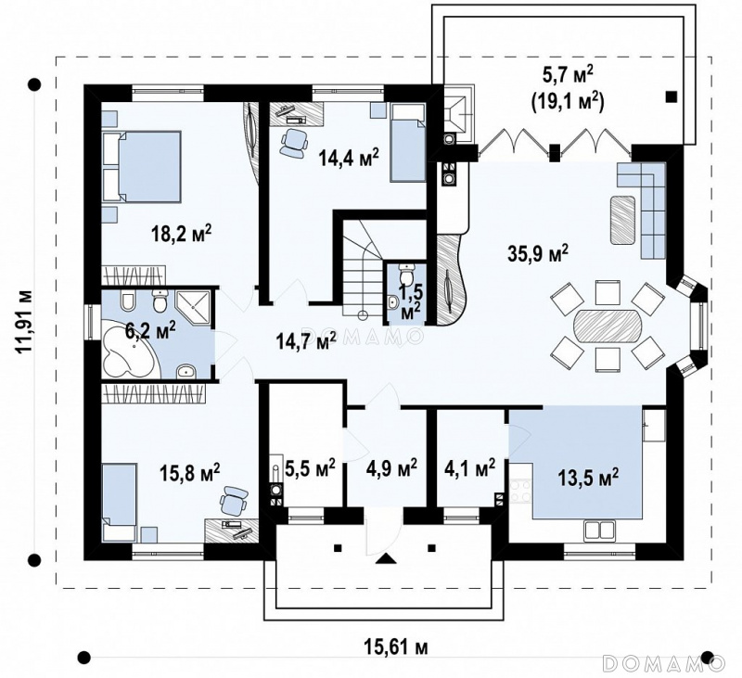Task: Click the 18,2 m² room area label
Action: (181, 234)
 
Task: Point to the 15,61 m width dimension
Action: (396, 646)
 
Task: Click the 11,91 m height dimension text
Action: (24, 320)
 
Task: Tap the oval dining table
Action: (608, 326)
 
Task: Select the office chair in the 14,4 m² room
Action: (294, 142)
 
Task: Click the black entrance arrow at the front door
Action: (387, 558)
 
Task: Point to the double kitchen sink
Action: (599, 531)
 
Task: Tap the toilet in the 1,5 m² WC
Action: (407, 274)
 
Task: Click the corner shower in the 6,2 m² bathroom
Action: (193, 306)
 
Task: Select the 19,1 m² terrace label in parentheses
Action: (568, 100)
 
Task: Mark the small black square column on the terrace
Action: (671, 96)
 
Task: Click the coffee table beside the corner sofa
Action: (622, 220)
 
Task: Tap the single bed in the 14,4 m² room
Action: (407, 143)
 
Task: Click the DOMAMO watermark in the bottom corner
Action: (663, 662)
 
